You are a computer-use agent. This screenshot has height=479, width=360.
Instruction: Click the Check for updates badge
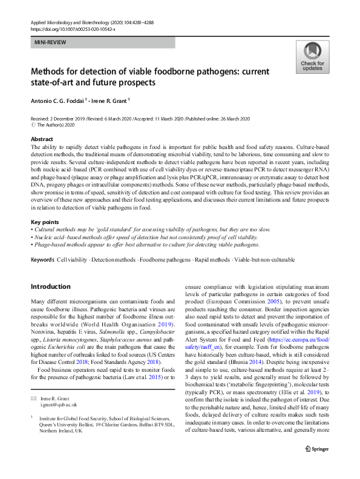coord(312,58)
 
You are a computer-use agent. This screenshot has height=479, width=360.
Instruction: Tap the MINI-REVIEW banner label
coord(50,42)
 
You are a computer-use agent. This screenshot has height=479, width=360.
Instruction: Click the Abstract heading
coord(42,139)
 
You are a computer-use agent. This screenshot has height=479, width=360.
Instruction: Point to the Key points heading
coord(44,222)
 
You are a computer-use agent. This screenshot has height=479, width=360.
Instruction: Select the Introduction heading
coord(50,286)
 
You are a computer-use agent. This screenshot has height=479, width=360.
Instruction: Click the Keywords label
coord(42,260)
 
